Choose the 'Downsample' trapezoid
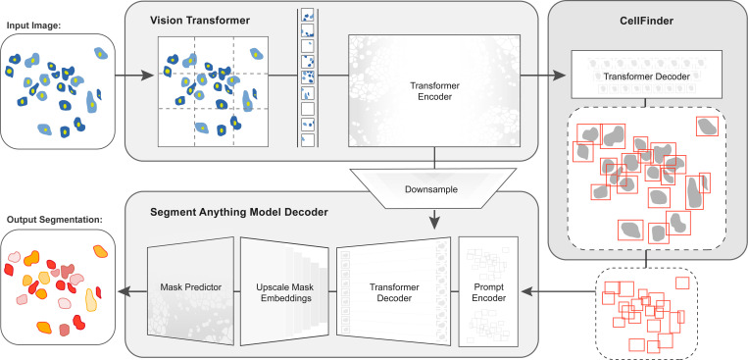tap(433, 183)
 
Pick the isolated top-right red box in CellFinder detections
tap(706, 126)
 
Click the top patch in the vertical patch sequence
tap(309, 17)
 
